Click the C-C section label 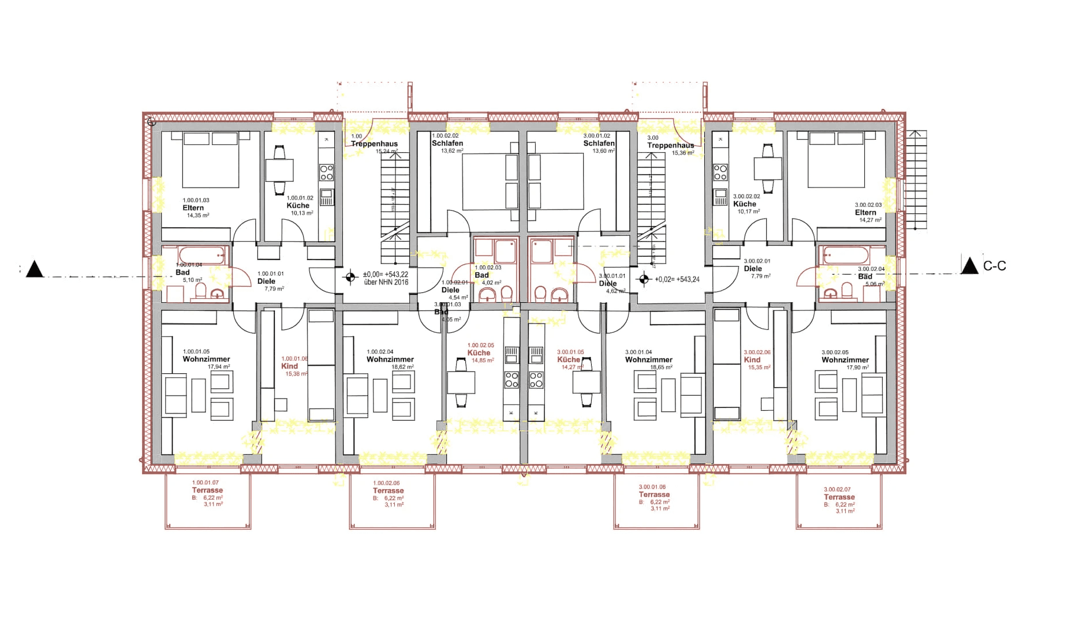click(x=994, y=266)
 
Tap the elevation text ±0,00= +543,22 click(x=385, y=275)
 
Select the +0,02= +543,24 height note click(x=677, y=279)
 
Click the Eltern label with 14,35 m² click(x=193, y=208)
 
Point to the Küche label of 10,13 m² click(x=298, y=205)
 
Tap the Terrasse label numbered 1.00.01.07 click(x=207, y=490)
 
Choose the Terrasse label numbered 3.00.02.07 click(x=839, y=497)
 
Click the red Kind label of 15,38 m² click(x=290, y=366)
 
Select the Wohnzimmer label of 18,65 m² click(x=648, y=360)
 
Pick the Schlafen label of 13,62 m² click(x=447, y=143)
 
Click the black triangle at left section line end click(x=35, y=269)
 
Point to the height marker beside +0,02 click(x=644, y=280)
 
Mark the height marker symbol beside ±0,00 click(x=350, y=277)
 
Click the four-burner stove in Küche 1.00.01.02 click(x=326, y=172)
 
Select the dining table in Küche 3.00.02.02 click(x=768, y=168)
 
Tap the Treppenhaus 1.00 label click(x=374, y=144)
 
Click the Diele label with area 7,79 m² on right click(x=753, y=269)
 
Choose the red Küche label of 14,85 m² click(x=479, y=352)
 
